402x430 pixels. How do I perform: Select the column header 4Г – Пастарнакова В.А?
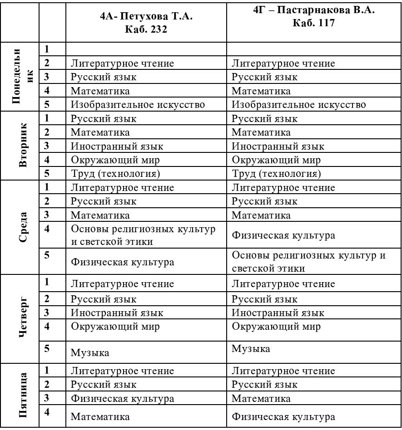click(314, 11)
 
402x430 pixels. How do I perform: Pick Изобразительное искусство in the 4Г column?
click(299, 105)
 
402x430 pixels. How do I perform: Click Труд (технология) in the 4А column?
click(116, 174)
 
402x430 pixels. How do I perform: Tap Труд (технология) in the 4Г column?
click(276, 174)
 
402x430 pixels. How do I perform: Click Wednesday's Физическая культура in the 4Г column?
click(283, 235)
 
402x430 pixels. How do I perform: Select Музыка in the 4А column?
click(90, 352)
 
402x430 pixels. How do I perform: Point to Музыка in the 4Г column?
click(251, 349)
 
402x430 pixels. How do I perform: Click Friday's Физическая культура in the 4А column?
click(122, 399)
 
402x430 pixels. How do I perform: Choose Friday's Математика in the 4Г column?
click(261, 399)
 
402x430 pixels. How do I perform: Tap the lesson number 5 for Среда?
click(47, 255)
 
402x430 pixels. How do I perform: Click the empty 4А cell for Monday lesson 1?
click(146, 49)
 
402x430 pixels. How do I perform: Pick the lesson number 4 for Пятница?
click(47, 412)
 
